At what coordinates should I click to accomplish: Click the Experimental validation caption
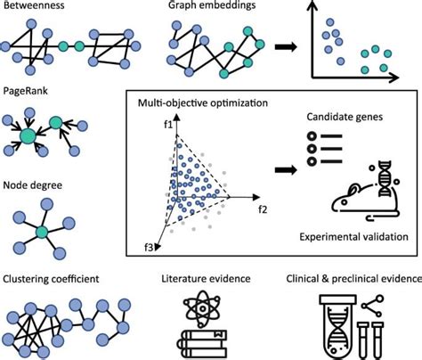(353, 237)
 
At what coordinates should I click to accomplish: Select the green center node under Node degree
(40, 232)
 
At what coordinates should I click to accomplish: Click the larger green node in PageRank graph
(29, 136)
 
